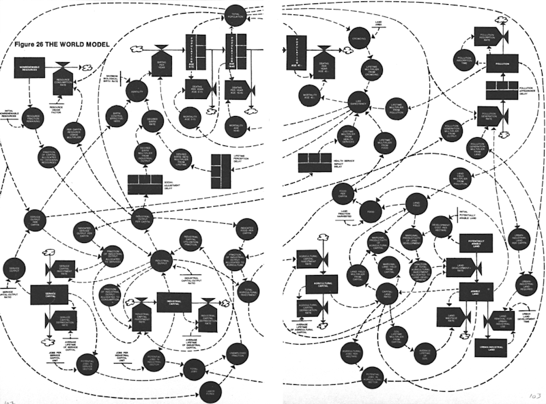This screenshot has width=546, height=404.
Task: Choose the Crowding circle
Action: coord(356,35)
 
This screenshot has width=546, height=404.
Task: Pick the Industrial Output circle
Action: coord(161,262)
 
